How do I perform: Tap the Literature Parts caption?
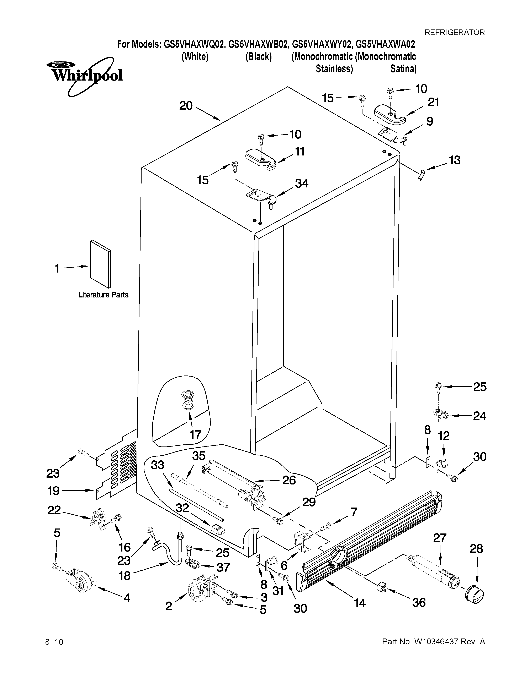(103, 295)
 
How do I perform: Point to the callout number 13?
(454, 160)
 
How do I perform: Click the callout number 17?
(195, 434)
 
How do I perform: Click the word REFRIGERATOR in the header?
(454, 32)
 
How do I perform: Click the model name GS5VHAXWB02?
(258, 44)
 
